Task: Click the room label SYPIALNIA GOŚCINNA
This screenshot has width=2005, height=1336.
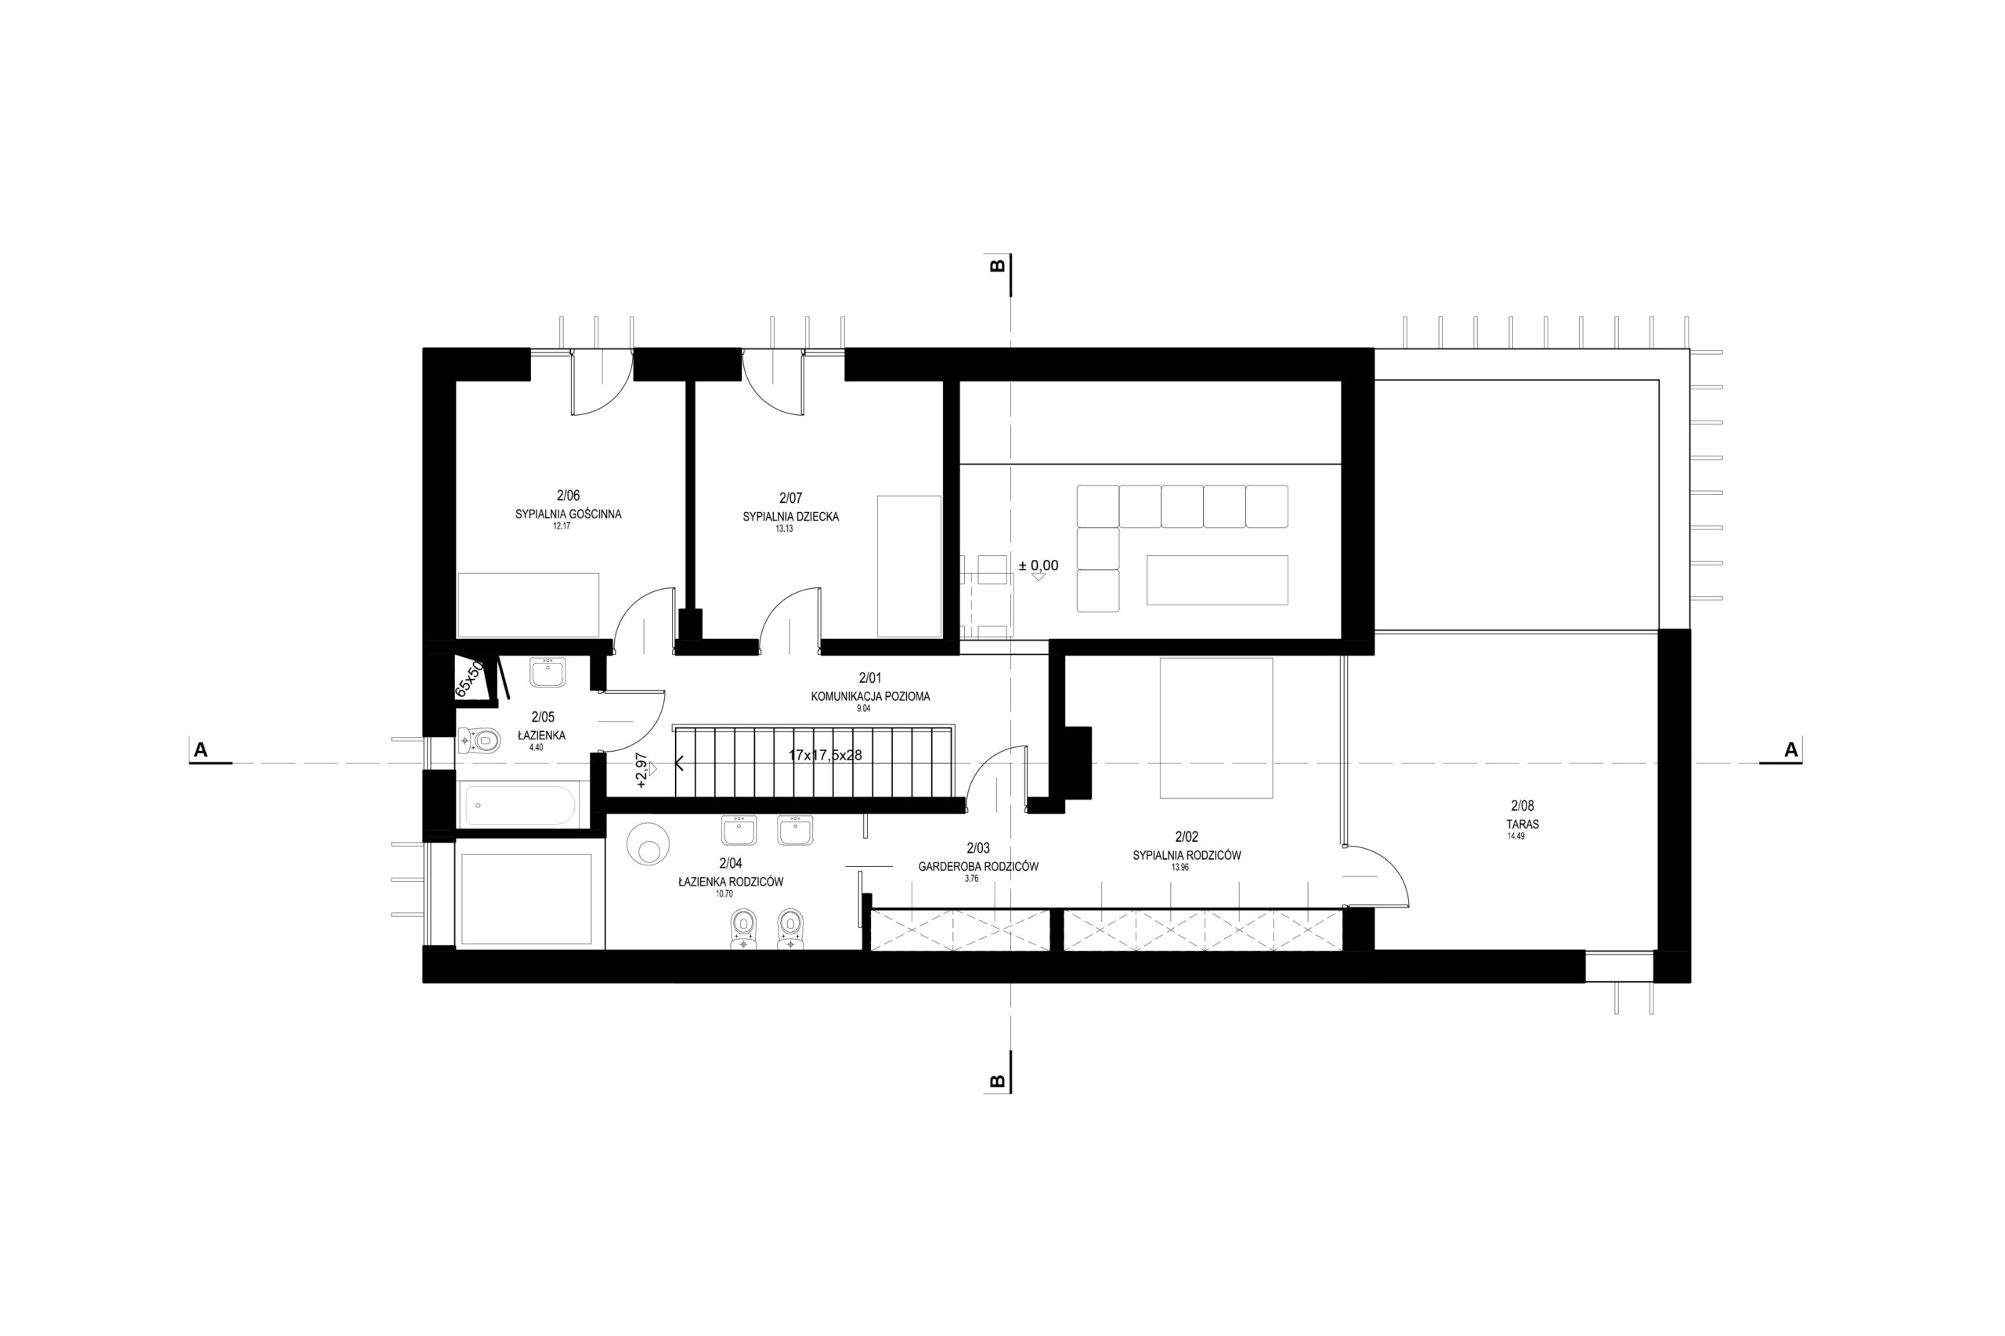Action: (568, 515)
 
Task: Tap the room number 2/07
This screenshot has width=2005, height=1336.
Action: (790, 497)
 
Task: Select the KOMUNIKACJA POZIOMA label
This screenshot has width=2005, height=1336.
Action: (870, 696)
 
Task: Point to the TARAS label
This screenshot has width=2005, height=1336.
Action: (1522, 825)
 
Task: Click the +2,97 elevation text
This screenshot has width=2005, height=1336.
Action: (641, 771)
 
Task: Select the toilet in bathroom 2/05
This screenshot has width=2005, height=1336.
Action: (478, 740)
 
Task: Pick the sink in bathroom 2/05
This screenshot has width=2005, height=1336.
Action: (546, 672)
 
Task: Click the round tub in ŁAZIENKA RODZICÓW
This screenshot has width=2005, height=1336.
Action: (648, 844)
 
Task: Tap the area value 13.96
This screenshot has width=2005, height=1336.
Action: (1180, 868)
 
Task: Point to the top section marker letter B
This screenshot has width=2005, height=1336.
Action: (997, 265)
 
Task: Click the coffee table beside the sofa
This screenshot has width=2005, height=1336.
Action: (1217, 580)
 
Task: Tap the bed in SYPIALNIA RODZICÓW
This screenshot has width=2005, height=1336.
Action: (1216, 728)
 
